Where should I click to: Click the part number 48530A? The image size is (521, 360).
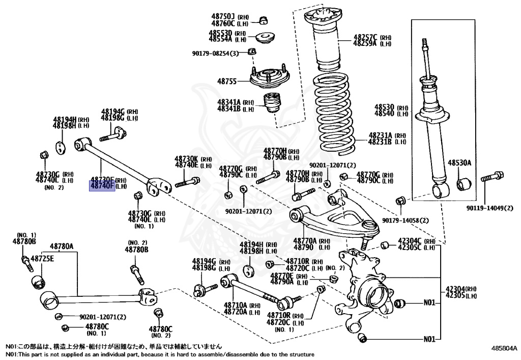(x=459, y=163)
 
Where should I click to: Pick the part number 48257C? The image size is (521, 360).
(x=365, y=37)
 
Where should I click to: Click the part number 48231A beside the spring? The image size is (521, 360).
(x=380, y=135)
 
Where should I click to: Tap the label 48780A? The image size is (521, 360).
(x=62, y=246)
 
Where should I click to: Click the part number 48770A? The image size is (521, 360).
(x=304, y=240)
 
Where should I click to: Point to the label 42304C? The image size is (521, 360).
(x=410, y=241)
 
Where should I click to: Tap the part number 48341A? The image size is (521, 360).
(x=228, y=102)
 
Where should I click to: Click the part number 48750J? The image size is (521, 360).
(x=224, y=16)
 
